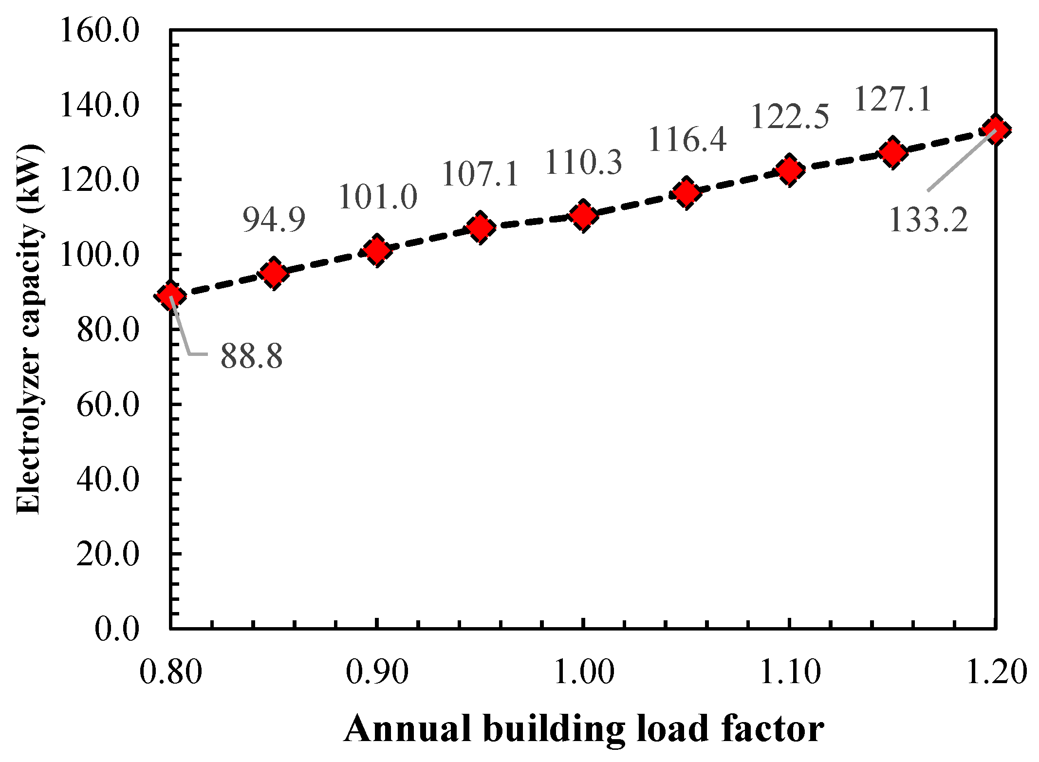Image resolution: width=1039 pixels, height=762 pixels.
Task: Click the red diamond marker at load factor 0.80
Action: (x=170, y=295)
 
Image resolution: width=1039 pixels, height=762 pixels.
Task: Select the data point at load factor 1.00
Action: (x=583, y=215)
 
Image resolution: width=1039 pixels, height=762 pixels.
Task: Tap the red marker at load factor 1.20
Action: (x=995, y=130)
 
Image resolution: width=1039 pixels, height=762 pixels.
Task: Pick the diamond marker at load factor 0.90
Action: (x=377, y=250)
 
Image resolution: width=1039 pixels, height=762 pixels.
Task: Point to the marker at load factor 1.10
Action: (x=789, y=170)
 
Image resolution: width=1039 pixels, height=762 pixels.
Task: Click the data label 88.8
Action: (x=251, y=356)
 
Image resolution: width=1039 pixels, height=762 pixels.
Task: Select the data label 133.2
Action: (x=928, y=220)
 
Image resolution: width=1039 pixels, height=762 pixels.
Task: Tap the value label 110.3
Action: (x=583, y=162)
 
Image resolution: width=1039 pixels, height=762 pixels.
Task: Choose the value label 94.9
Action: (x=274, y=220)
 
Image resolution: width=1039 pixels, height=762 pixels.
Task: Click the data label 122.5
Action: (x=789, y=117)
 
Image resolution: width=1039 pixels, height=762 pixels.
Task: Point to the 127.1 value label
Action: (x=892, y=99)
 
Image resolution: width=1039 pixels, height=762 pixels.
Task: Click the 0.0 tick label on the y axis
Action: (x=117, y=629)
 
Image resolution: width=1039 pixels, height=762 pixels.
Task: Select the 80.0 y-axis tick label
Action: (x=108, y=330)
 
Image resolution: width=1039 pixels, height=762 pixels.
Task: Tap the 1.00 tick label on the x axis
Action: (x=583, y=672)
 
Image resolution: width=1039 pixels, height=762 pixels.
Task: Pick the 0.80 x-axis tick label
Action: (x=170, y=672)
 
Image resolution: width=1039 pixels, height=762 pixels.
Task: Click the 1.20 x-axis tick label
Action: (x=996, y=672)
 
